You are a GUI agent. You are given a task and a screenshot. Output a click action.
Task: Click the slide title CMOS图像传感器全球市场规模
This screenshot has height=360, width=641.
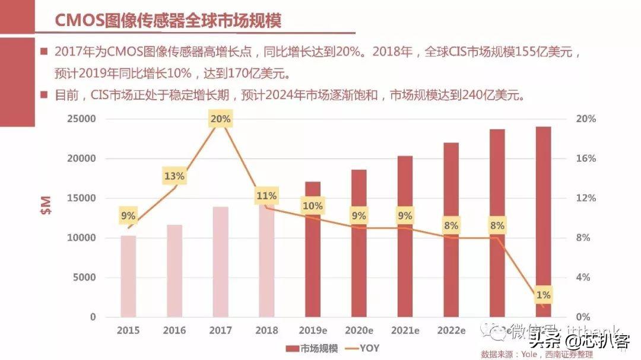click(168, 20)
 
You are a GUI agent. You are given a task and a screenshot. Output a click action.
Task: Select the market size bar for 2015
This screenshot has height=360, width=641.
click(128, 276)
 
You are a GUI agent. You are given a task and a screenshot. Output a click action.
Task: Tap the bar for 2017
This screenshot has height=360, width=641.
click(220, 262)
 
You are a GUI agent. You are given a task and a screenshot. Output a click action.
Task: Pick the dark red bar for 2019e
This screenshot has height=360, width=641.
click(312, 249)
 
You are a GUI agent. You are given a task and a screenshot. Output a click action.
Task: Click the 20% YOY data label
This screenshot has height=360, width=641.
click(220, 119)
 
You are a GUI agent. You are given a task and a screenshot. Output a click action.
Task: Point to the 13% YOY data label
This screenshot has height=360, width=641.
click(174, 176)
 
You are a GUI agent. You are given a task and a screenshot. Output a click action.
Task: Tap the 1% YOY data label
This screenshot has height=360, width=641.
click(543, 295)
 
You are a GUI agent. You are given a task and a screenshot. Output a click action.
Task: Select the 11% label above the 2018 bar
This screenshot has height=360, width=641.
click(266, 196)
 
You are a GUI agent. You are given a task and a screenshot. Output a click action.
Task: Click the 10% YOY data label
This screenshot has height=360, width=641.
click(312, 206)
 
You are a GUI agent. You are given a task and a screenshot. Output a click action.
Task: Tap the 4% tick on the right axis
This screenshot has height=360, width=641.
click(583, 278)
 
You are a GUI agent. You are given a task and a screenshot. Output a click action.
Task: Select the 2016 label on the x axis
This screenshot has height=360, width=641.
click(174, 330)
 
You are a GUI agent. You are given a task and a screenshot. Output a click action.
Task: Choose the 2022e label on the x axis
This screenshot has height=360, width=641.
click(451, 330)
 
